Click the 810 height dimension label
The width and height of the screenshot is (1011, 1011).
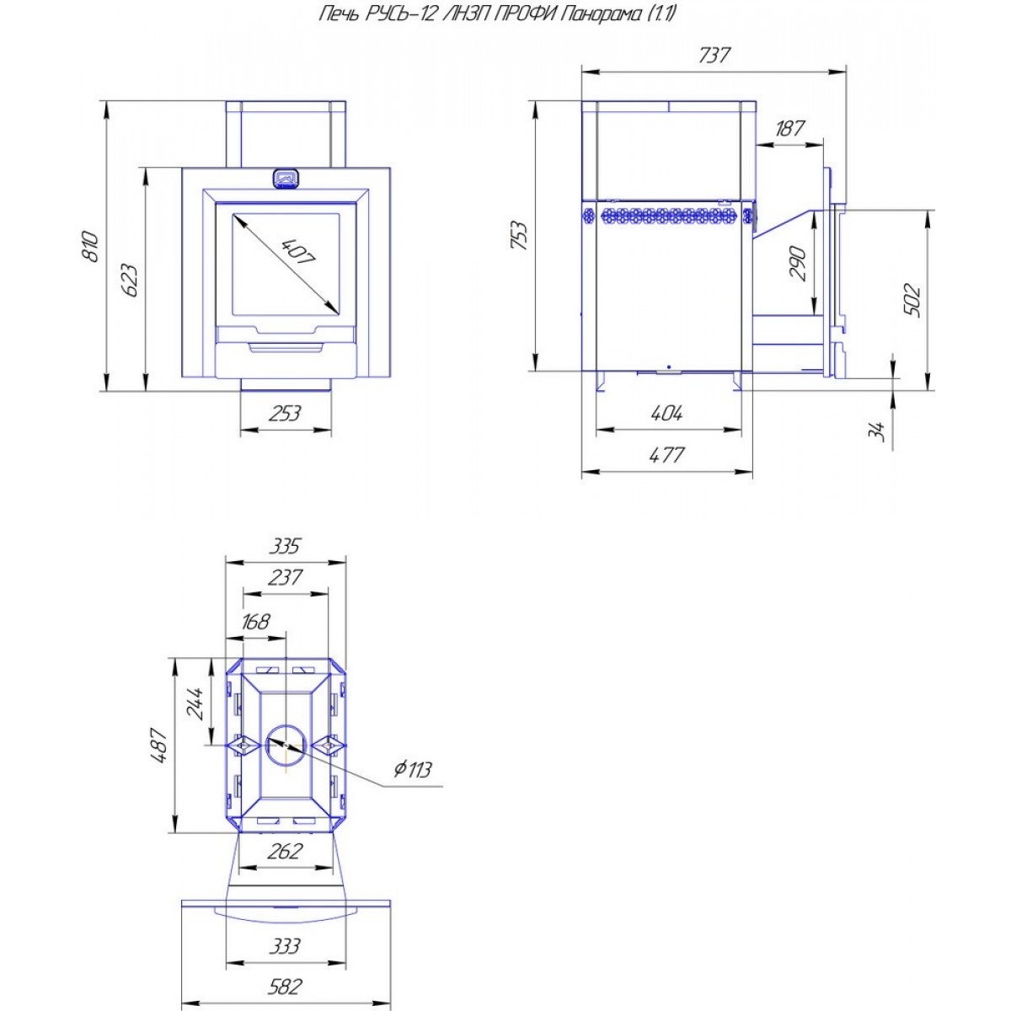[89, 247]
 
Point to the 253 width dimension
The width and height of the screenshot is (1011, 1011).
[286, 414]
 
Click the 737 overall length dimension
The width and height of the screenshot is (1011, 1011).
[714, 55]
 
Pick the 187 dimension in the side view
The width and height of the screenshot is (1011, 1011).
[789, 128]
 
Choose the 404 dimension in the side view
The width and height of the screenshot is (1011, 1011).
[666, 414]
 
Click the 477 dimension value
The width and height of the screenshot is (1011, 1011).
[666, 454]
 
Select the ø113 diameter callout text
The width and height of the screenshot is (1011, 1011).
[413, 770]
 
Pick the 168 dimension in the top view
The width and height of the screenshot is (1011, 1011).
[255, 622]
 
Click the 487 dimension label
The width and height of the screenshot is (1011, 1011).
[159, 746]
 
